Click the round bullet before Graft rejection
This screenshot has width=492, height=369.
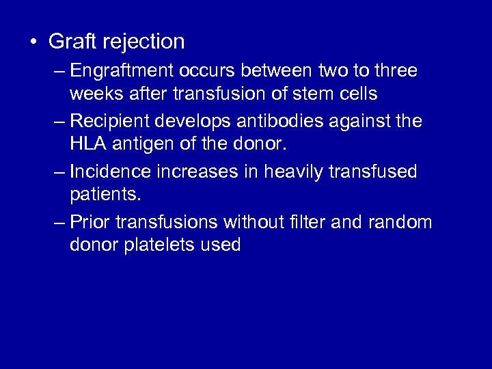point(33,42)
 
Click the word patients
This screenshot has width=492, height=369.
point(105,195)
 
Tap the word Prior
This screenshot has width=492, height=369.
point(90,221)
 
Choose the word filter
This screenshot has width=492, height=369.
point(329,221)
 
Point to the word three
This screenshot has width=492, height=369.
point(394,72)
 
